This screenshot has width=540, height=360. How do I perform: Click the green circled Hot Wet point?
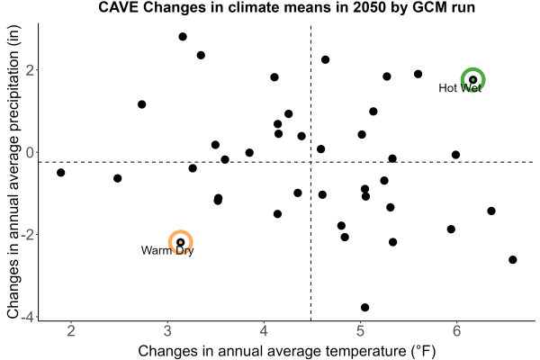coord(473,79)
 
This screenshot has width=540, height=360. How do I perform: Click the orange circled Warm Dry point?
coord(181,242)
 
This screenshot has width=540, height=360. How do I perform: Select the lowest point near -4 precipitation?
coord(365,307)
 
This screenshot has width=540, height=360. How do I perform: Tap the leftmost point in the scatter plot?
coord(60,172)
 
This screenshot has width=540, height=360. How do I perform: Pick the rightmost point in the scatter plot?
coord(513,260)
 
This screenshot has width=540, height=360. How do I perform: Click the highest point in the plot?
coord(183,37)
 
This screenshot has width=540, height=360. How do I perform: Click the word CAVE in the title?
coord(119,7)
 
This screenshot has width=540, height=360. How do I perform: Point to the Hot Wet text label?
coord(460,88)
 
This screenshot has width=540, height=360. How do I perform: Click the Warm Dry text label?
coord(167,250)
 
